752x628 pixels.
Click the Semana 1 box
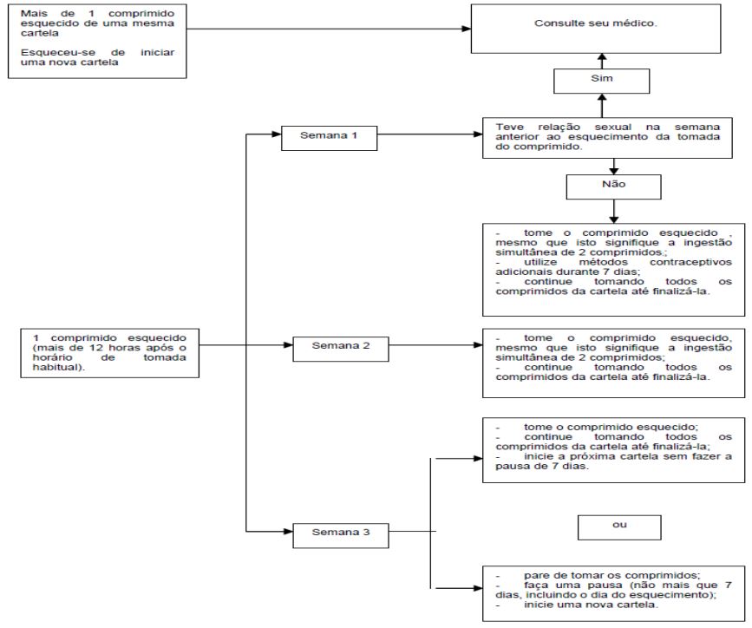pyautogui.click(x=329, y=138)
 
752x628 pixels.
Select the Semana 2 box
pyautogui.click(x=341, y=349)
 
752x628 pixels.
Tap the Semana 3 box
pyautogui.click(x=341, y=535)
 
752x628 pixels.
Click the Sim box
pyautogui.click(x=601, y=81)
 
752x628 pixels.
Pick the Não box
pyautogui.click(x=613, y=186)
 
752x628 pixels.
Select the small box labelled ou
pyautogui.click(x=619, y=527)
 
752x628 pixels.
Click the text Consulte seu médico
pyautogui.click(x=596, y=23)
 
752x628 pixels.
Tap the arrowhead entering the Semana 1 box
pyautogui.click(x=276, y=134)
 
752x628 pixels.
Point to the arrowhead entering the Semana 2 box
pyautogui.click(x=288, y=345)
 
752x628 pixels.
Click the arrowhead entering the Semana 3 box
pyautogui.click(x=288, y=531)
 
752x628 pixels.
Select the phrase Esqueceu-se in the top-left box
pyautogui.click(x=58, y=52)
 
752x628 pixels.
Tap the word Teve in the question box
pyautogui.click(x=509, y=128)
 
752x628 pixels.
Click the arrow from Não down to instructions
pyautogui.click(x=613, y=211)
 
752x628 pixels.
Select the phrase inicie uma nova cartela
pyautogui.click(x=590, y=605)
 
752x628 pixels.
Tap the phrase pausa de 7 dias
pyautogui.click(x=540, y=467)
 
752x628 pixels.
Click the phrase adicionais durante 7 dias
pyautogui.click(x=566, y=272)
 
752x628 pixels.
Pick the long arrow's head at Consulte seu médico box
pyautogui.click(x=466, y=29)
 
